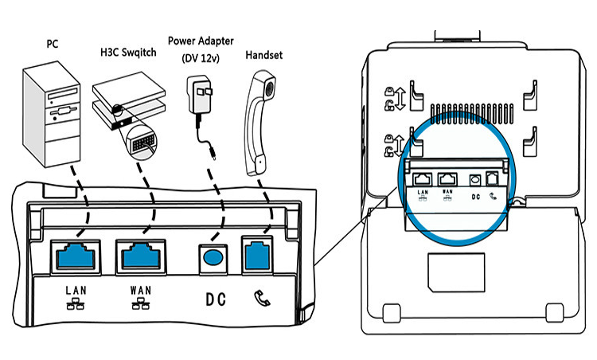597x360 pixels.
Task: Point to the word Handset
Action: pos(265,56)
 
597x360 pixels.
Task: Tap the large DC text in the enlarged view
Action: pos(215,299)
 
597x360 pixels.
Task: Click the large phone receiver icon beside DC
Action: pos(259,299)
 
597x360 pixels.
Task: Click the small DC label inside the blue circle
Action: pos(476,195)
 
